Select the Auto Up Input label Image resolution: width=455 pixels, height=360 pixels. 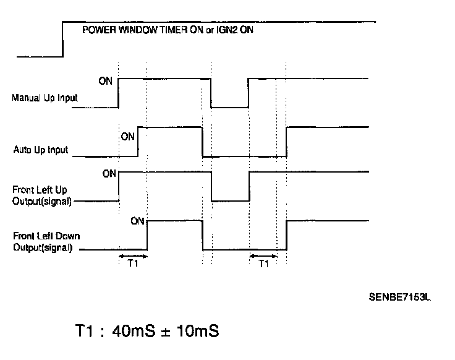41,150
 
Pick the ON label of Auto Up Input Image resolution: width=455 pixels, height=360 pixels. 128,136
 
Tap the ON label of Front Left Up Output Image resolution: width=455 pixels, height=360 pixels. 109,174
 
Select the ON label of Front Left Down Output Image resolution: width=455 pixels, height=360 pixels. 138,221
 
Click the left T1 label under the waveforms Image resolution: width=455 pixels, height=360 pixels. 132,262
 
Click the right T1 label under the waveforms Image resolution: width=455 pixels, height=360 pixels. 264,262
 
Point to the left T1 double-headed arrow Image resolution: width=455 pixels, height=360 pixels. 132,254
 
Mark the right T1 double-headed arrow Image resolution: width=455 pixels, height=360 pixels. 263,254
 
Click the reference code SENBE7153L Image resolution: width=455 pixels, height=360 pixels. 399,298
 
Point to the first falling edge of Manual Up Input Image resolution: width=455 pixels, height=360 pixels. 211,93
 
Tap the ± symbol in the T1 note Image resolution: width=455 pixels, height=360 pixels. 165,333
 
